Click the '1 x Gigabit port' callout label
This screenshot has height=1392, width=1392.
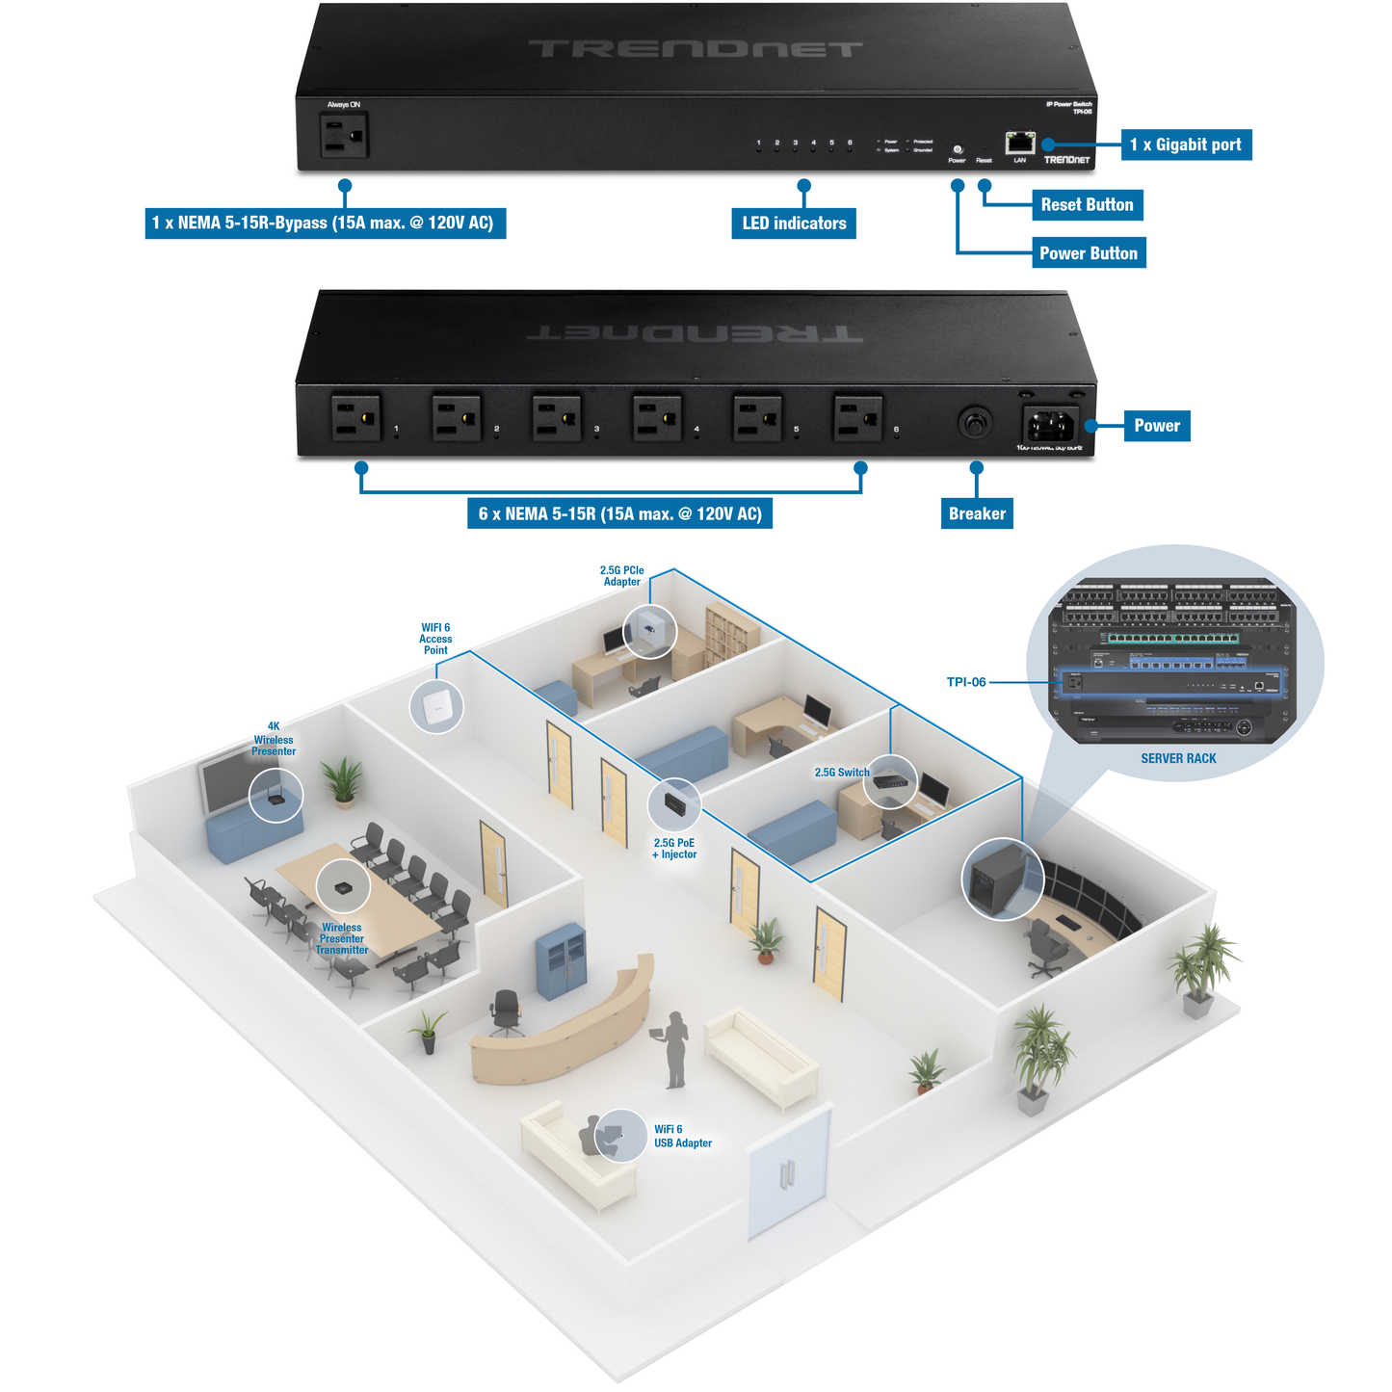click(x=1185, y=144)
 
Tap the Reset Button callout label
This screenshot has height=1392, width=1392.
click(x=1087, y=204)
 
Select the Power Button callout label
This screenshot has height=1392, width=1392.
click(x=1088, y=253)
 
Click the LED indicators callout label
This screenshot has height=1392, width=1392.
click(x=794, y=223)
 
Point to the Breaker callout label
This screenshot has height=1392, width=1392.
click(x=977, y=513)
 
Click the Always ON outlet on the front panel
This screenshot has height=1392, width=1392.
click(x=344, y=136)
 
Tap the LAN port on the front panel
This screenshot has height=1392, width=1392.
click(x=1019, y=144)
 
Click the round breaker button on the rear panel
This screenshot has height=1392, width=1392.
click(x=974, y=422)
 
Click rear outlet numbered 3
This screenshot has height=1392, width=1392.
click(x=556, y=419)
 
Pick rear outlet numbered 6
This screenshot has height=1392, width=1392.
click(x=856, y=419)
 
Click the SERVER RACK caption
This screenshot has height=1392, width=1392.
click(x=1178, y=759)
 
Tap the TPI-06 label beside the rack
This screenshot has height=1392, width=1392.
click(x=966, y=682)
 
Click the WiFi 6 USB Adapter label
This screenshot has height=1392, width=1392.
click(x=682, y=1137)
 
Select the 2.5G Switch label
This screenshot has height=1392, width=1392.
click(x=841, y=773)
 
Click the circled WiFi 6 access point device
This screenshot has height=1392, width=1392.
click(x=436, y=707)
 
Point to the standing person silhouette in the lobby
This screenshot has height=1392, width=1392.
click(x=676, y=1050)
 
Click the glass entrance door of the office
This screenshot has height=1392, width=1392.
click(x=789, y=1172)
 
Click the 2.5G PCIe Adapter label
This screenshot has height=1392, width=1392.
click(x=621, y=576)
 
